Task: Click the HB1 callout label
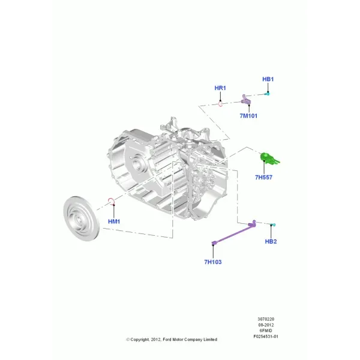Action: [x=268, y=79]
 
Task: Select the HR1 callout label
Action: [x=220, y=88]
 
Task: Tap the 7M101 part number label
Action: [x=248, y=116]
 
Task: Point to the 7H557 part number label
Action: [x=263, y=177]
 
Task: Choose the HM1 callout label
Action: [x=114, y=221]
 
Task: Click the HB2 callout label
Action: [x=271, y=242]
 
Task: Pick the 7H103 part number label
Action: [x=213, y=262]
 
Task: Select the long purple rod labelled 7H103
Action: [x=234, y=233]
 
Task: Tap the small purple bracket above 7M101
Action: [x=245, y=100]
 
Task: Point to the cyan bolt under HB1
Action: [x=268, y=94]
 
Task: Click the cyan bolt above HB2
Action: [x=273, y=225]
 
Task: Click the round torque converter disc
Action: [x=81, y=218]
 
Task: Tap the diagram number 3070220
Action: [x=266, y=319]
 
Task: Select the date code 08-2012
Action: [x=266, y=325]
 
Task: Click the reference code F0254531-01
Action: [x=266, y=337]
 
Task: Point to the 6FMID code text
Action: [x=266, y=331]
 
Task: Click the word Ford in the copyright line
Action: [x=167, y=340]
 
